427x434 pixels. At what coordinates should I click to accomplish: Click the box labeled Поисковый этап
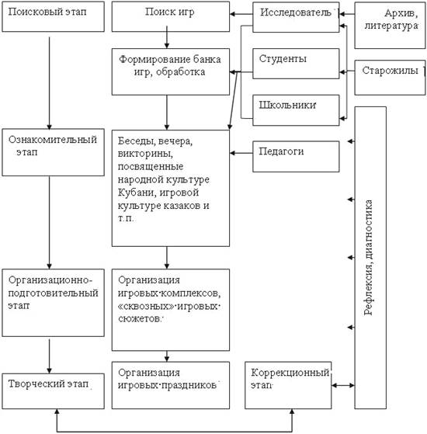click(x=53, y=16)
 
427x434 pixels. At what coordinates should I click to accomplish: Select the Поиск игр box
click(x=171, y=16)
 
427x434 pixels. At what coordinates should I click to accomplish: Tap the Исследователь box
click(x=296, y=17)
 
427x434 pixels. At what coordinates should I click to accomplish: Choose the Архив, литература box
click(x=391, y=26)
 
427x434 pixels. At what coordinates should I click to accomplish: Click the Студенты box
click(x=296, y=64)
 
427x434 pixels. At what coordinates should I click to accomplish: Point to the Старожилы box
click(x=391, y=78)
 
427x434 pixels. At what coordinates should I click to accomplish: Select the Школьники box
click(x=296, y=110)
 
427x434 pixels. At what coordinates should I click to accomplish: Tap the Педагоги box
click(x=296, y=156)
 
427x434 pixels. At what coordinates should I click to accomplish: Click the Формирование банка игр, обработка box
click(x=171, y=72)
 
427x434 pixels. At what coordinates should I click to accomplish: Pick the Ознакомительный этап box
click(x=53, y=152)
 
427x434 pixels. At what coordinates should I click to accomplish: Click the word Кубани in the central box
click(x=130, y=193)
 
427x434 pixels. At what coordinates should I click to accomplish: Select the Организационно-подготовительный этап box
click(x=53, y=303)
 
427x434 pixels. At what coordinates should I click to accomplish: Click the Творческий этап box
click(x=53, y=391)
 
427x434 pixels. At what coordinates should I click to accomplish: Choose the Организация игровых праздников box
click(x=171, y=385)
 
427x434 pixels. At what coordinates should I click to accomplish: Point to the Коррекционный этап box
click(x=288, y=385)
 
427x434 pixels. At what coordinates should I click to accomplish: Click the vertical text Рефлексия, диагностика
click(x=368, y=258)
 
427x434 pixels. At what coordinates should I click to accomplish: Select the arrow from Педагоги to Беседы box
click(x=241, y=153)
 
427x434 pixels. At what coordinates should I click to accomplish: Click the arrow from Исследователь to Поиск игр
click(x=241, y=14)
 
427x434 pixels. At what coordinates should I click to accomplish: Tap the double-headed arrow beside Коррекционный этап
click(x=343, y=385)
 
